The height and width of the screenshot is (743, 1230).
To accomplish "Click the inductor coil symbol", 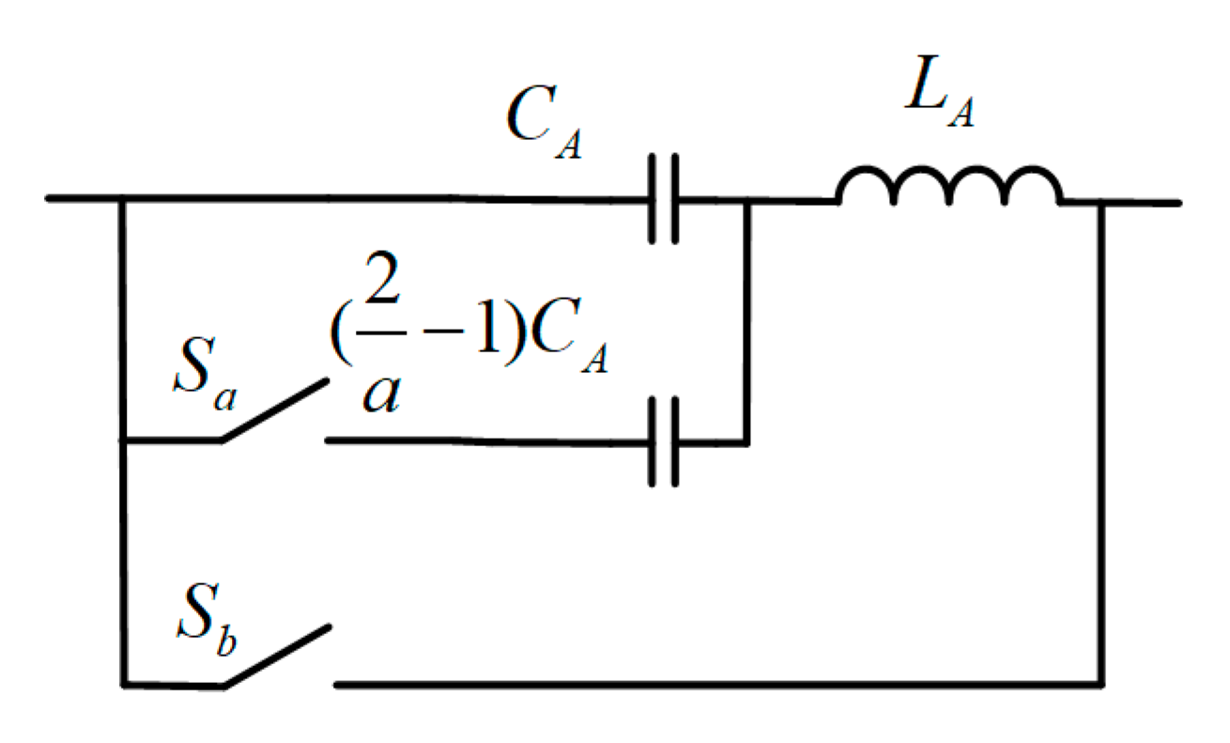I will tap(949, 188).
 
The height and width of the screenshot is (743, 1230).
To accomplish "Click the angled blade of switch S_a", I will tap(275, 410).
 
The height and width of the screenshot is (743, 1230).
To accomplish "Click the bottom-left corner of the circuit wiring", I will tap(123, 685).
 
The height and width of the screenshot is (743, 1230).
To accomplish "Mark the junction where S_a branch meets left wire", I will tap(123, 440).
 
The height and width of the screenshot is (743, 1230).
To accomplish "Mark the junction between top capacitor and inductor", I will tap(746, 201).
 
